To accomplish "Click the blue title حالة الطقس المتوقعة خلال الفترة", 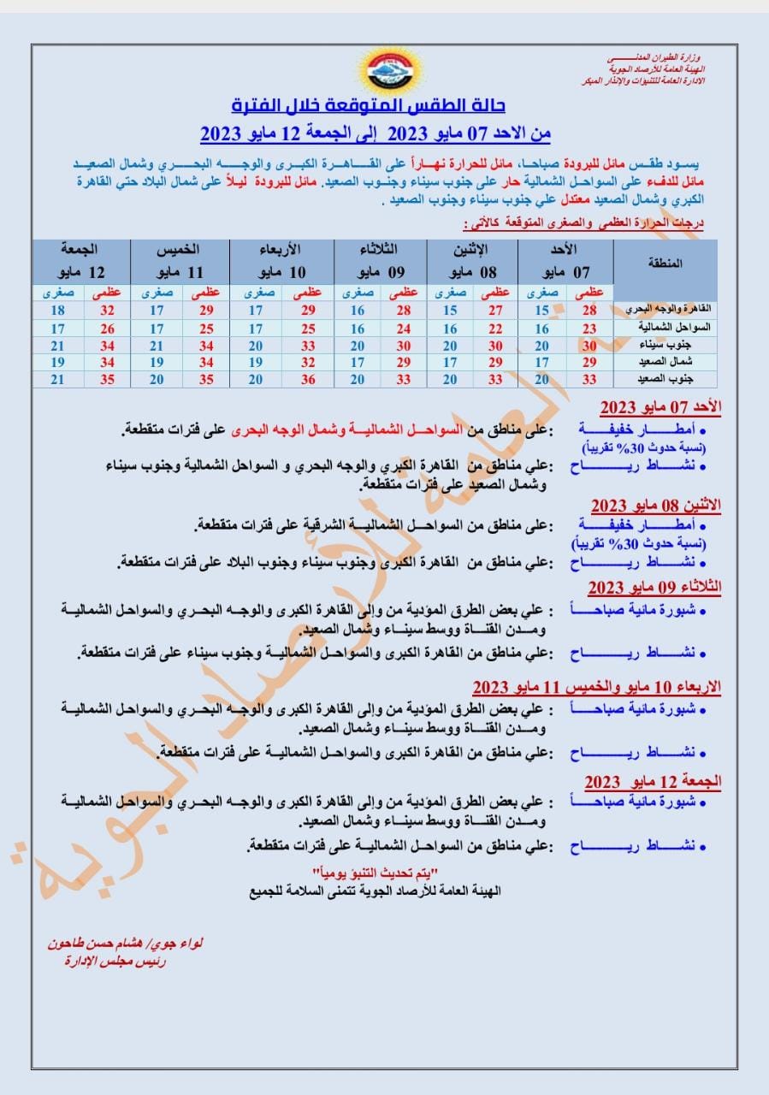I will click(x=369, y=106).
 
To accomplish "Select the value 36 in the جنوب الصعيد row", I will click(x=304, y=379).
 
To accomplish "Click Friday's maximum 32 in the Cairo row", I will click(x=107, y=311).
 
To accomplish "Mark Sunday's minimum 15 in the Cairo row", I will click(x=541, y=311).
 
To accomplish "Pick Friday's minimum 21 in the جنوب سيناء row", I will click(x=57, y=346).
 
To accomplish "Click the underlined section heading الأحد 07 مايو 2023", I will click(x=660, y=405).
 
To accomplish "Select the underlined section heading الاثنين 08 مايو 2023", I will click(x=656, y=505).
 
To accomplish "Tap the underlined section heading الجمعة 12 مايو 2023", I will click(x=653, y=781).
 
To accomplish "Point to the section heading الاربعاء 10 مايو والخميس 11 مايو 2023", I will click(x=597, y=687).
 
